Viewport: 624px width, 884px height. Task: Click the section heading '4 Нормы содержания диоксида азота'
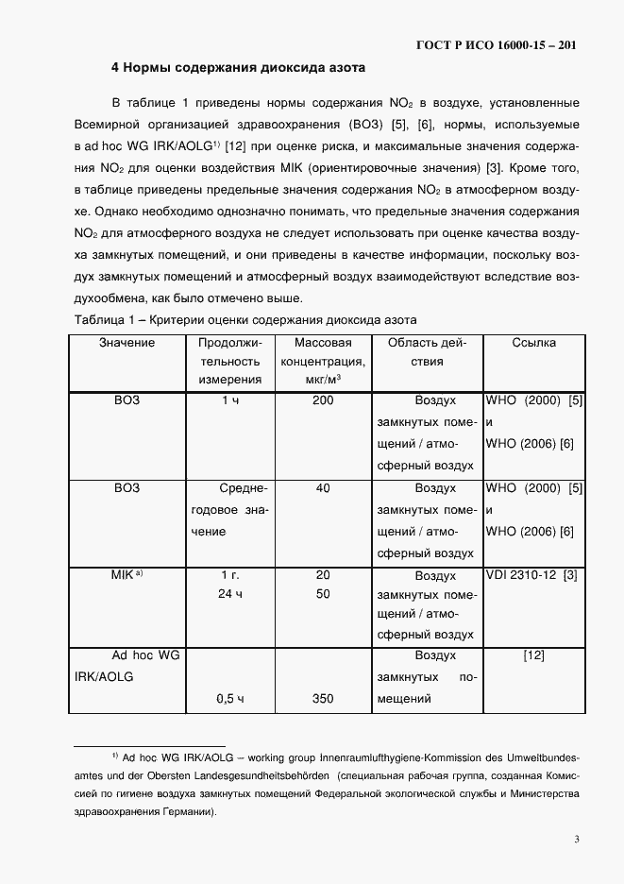tap(237, 68)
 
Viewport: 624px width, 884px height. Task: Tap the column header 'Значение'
tap(126, 343)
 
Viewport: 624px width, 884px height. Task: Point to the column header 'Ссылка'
tap(533, 343)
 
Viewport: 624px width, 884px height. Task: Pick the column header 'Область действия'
tap(429, 351)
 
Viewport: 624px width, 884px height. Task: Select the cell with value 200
tap(323, 400)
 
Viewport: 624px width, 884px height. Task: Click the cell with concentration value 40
tap(323, 488)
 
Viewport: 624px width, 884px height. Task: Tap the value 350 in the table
tap(323, 699)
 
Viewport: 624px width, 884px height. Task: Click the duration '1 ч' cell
tap(230, 400)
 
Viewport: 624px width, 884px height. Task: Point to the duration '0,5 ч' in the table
tap(230, 699)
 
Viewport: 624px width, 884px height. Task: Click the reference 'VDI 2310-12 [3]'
tap(531, 575)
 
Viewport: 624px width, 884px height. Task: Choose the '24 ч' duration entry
tap(230, 594)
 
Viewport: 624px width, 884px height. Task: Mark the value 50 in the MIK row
tap(323, 594)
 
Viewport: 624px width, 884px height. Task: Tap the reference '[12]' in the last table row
tap(533, 655)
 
